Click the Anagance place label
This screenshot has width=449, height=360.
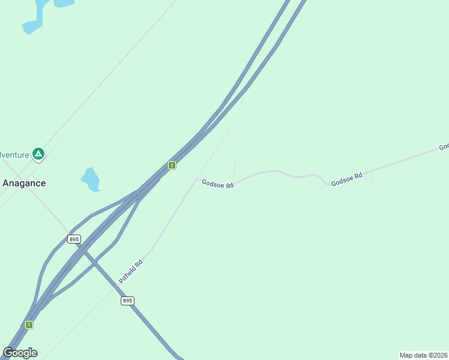click(24, 183)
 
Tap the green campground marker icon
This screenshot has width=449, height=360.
click(38, 154)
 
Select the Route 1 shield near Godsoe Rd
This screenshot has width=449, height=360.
click(172, 165)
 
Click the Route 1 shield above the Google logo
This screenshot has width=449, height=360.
click(29, 325)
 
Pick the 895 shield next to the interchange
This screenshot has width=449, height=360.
click(74, 239)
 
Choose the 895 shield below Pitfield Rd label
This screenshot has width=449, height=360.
click(127, 301)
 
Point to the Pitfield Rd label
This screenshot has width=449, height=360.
click(131, 271)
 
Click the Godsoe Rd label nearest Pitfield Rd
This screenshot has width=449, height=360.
click(217, 184)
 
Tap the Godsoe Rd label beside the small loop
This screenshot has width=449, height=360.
click(347, 179)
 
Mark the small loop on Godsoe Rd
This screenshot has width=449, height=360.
click(369, 177)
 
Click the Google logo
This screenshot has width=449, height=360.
click(20, 352)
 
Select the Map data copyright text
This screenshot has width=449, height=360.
click(424, 355)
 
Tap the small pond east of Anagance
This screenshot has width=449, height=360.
click(91, 179)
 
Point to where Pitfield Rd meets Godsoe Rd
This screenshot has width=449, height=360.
click(195, 179)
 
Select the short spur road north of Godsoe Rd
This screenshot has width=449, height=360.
click(234, 170)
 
